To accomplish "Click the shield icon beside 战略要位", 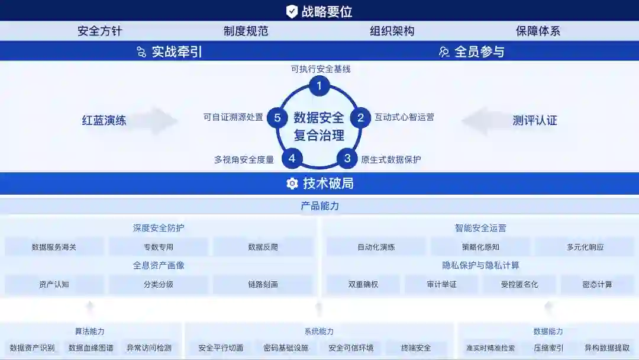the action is (292, 11).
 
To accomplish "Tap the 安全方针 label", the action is (99, 31).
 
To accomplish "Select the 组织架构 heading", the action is (392, 31).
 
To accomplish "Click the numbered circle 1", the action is (319, 86).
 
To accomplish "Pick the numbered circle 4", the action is (292, 158).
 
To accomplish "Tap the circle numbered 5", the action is (277, 117).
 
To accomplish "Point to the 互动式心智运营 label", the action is (404, 117).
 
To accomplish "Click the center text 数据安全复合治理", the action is (319, 126).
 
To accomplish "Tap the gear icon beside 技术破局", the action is (292, 184).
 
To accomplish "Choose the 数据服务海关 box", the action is (54, 247).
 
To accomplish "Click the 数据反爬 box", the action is (263, 247).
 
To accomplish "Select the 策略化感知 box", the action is (480, 247).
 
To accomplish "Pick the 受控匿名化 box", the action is (519, 284).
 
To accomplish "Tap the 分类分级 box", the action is (158, 284).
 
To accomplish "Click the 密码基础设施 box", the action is (286, 348).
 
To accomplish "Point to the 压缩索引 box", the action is (548, 348).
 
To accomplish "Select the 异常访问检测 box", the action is (149, 348).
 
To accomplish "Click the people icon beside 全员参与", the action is (444, 52).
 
